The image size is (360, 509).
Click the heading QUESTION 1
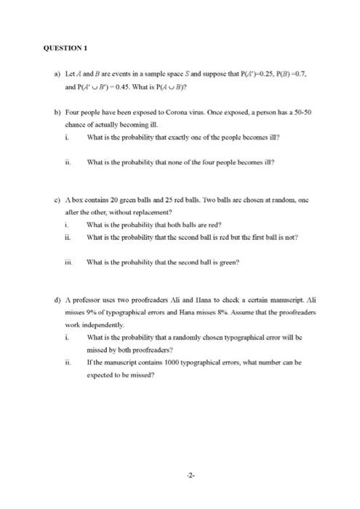(65, 48)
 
